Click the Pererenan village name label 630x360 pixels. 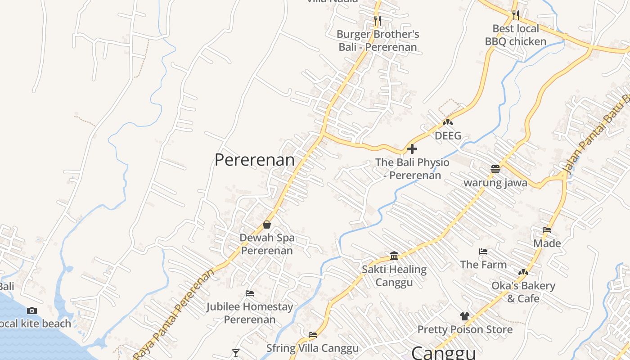(255, 160)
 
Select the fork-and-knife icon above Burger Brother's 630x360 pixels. (377, 20)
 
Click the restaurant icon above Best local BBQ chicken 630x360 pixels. (516, 15)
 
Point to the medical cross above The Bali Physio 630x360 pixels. (412, 149)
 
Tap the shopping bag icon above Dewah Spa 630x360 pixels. (267, 224)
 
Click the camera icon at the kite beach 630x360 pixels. (31, 310)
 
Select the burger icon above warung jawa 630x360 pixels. (495, 169)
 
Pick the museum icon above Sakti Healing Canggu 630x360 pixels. (394, 256)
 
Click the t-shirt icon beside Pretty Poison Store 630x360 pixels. (465, 316)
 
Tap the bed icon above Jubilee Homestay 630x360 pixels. (250, 293)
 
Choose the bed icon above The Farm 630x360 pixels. (483, 252)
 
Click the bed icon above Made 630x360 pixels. (547, 230)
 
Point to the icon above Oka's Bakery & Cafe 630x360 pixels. (523, 272)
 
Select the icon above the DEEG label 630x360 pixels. (447, 122)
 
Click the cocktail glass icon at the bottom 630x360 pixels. (235, 353)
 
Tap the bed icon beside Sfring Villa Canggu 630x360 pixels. (313, 334)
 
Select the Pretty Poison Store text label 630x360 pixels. (465, 329)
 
